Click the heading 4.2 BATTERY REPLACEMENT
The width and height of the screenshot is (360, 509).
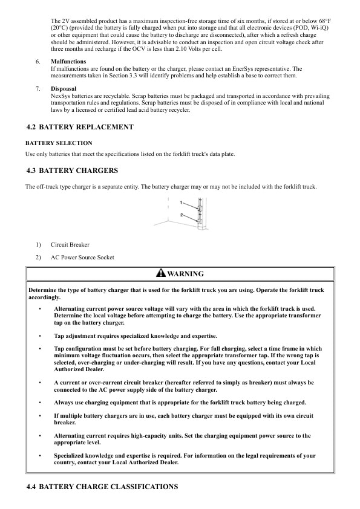(x=80, y=127)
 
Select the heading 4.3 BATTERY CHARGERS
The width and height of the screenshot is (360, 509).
(x=73, y=170)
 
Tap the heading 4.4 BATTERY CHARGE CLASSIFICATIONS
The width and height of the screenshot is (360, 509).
(x=102, y=487)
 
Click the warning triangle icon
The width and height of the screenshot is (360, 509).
(x=160, y=273)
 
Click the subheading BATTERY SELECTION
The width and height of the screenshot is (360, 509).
(x=59, y=143)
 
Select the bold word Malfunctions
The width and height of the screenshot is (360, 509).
(x=68, y=62)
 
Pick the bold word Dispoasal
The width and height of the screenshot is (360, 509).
(x=64, y=88)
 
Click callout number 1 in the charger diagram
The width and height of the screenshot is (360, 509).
(x=181, y=202)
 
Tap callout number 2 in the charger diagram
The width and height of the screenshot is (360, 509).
(x=181, y=215)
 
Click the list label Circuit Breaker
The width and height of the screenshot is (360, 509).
(x=70, y=245)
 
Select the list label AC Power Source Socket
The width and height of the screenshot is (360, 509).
(x=82, y=258)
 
